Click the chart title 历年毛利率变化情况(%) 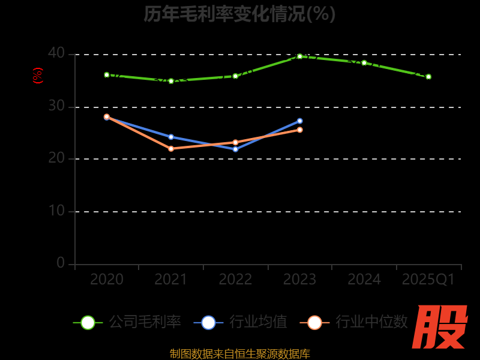pyautogui.click(x=239, y=14)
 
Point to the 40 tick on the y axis pyautogui.click(x=56, y=53)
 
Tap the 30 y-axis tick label pyautogui.click(x=56, y=106)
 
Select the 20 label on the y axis pyautogui.click(x=56, y=158)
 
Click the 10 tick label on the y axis pyautogui.click(x=56, y=211)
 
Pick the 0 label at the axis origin pyautogui.click(x=61, y=263)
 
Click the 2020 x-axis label pyautogui.click(x=107, y=280)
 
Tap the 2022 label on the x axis pyautogui.click(x=235, y=280)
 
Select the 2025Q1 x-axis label pyautogui.click(x=428, y=280)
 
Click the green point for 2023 pyautogui.click(x=300, y=56)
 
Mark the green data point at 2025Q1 pyautogui.click(x=428, y=77)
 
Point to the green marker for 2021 pyautogui.click(x=171, y=81)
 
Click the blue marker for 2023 pyautogui.click(x=300, y=121)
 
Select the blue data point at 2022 pyautogui.click(x=235, y=149)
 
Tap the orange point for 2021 pyautogui.click(x=171, y=149)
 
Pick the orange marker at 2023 pyautogui.click(x=300, y=130)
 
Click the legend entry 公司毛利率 pyautogui.click(x=127, y=322)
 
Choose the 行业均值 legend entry pyautogui.click(x=241, y=322)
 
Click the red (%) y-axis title pyautogui.click(x=38, y=76)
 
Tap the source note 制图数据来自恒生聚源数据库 pyautogui.click(x=239, y=353)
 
